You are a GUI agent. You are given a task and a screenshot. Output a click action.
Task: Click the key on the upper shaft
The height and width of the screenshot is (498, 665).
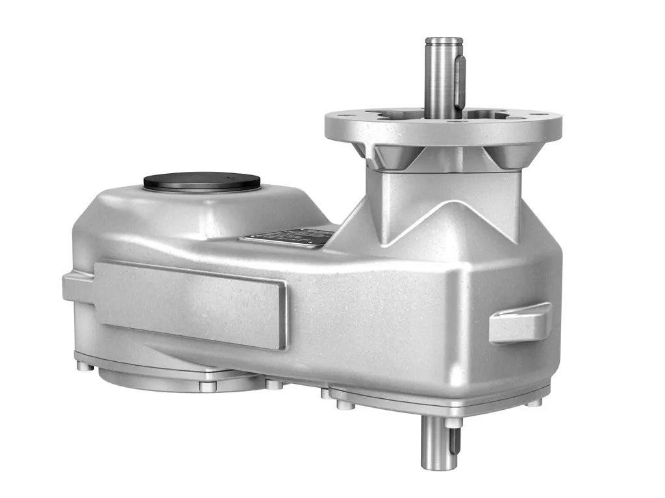[x=460, y=81]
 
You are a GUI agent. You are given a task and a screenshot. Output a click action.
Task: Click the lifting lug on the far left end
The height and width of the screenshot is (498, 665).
[x=77, y=286]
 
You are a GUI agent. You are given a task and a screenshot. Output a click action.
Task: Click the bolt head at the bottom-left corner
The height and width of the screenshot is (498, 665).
[x=84, y=366]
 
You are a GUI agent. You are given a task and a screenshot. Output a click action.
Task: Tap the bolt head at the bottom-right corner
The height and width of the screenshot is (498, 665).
[x=534, y=402]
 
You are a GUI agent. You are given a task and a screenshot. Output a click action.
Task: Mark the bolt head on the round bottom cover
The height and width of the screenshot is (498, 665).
[x=207, y=386]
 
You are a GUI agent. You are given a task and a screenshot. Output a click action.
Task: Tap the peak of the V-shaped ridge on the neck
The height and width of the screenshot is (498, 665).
[x=447, y=206]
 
